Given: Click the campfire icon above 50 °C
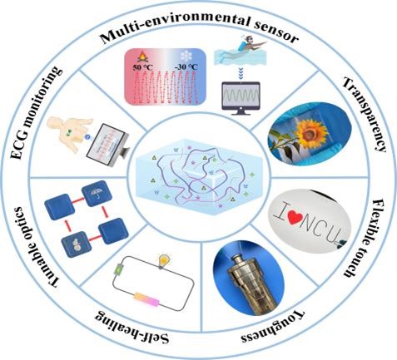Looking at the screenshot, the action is click(141, 57).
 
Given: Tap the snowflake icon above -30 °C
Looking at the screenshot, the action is click(186, 57).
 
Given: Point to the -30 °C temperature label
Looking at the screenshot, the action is click(186, 67).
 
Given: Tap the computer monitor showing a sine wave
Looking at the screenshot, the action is click(241, 98).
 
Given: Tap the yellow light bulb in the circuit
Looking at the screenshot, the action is click(164, 261).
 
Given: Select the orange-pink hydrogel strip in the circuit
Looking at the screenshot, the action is click(146, 299).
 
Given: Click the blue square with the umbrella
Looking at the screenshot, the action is click(97, 194).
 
